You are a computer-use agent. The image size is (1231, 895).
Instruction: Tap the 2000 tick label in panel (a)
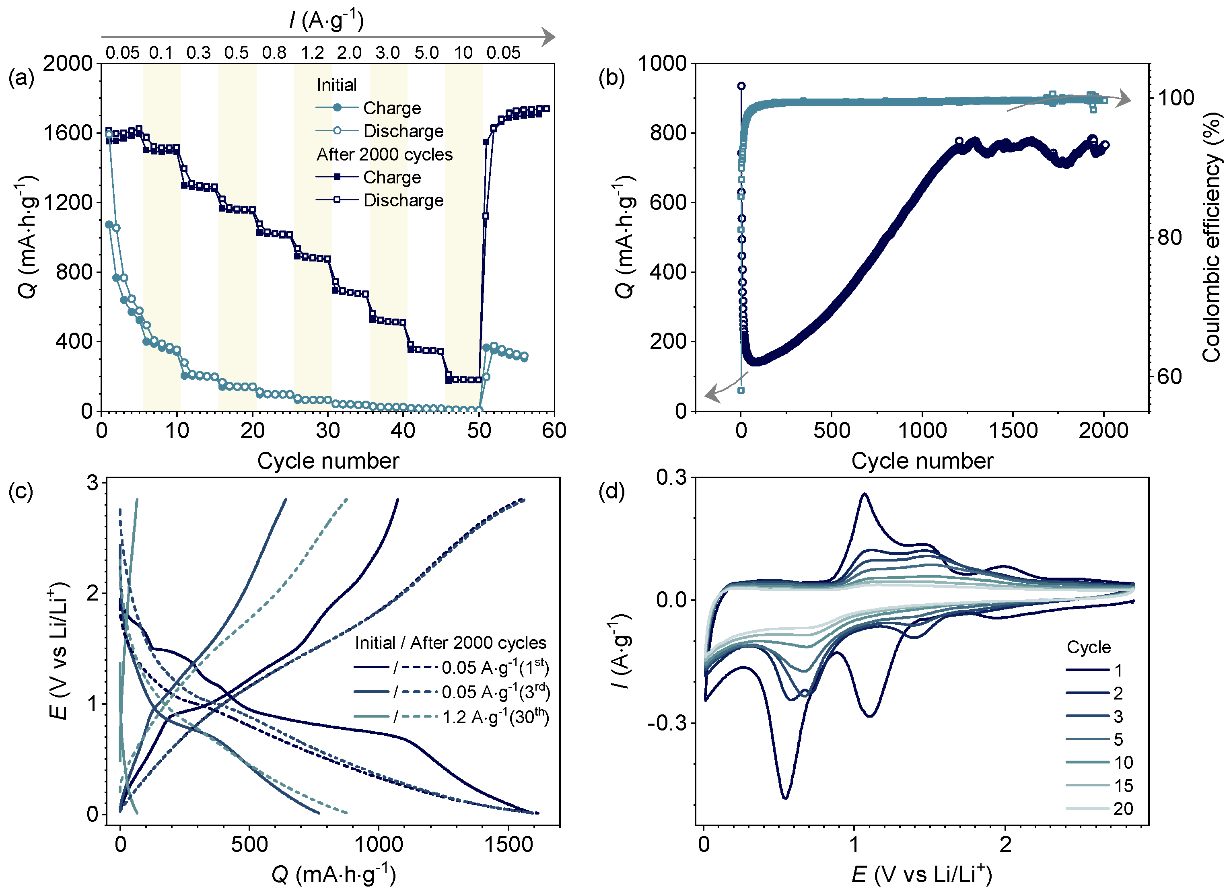click(x=68, y=64)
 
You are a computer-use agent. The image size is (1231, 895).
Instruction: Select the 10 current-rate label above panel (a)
click(x=463, y=53)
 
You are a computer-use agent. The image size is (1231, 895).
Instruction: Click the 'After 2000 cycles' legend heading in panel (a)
click(x=384, y=155)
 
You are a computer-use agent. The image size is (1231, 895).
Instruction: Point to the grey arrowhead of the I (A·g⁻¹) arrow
click(x=549, y=37)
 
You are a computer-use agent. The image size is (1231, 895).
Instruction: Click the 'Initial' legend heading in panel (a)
click(x=337, y=85)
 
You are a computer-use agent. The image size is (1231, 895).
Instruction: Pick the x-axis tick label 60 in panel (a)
click(x=554, y=431)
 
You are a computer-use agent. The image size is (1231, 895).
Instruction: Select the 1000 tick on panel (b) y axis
click(x=662, y=64)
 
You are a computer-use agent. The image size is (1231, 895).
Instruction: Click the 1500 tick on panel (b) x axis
click(x=1013, y=431)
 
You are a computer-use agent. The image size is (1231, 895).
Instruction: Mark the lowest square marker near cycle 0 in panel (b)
click(x=741, y=390)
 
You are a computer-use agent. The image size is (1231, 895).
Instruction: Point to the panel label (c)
click(x=21, y=491)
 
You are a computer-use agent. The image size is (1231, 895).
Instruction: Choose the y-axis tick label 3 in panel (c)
click(x=92, y=483)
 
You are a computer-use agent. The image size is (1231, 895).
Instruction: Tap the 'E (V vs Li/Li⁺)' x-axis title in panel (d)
click(x=922, y=874)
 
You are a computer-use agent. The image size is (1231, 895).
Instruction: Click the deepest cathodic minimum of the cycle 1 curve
click(x=785, y=798)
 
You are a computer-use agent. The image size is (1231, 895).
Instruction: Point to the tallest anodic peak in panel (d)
click(x=864, y=494)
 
